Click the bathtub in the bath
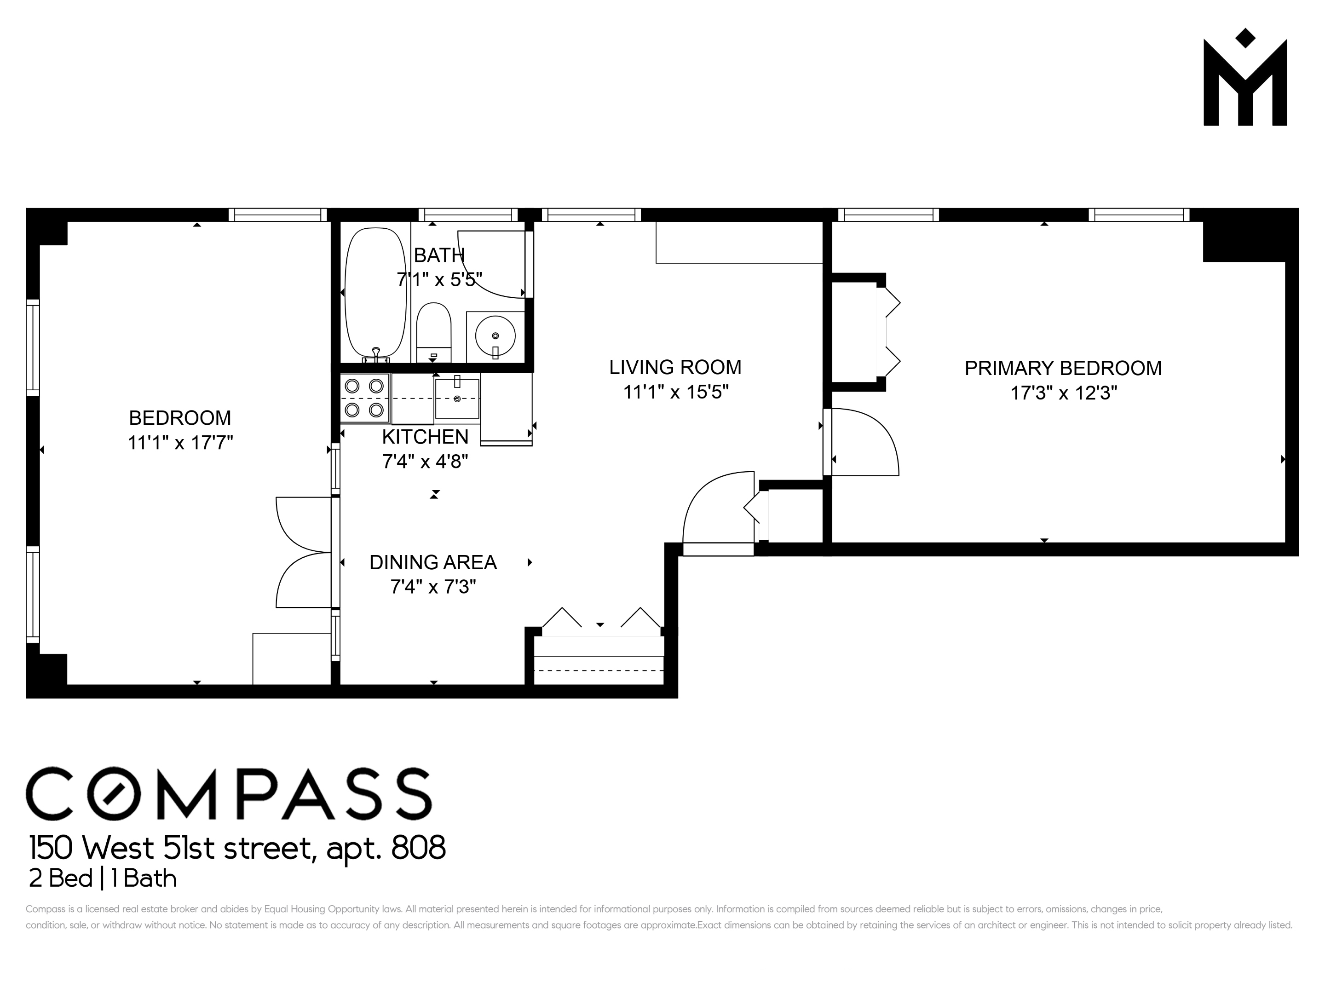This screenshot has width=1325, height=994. point(375,293)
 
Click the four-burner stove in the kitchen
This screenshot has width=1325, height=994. point(364,398)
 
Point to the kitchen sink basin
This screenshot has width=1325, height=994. point(457,399)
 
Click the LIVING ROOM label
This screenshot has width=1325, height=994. point(675,367)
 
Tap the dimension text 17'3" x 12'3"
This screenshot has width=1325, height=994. point(1063,393)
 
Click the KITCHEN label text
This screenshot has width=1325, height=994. point(425,437)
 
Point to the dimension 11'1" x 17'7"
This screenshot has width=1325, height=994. point(180,443)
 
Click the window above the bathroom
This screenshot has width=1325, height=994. point(468,214)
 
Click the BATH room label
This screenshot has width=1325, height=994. point(439,256)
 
